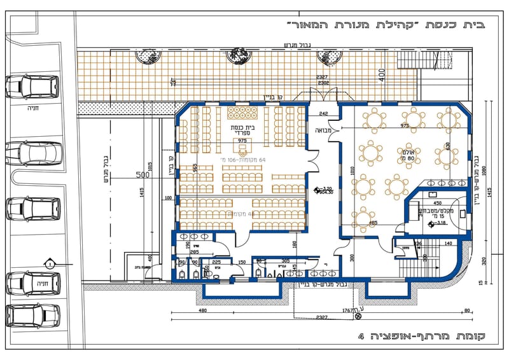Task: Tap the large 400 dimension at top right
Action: click(380, 75)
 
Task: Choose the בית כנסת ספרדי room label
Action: click(242, 132)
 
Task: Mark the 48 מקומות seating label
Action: click(242, 214)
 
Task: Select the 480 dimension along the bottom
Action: click(202, 311)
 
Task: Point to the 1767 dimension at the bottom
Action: click(347, 310)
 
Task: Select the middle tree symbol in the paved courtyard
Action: click(240, 56)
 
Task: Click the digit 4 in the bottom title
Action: click(361, 335)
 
